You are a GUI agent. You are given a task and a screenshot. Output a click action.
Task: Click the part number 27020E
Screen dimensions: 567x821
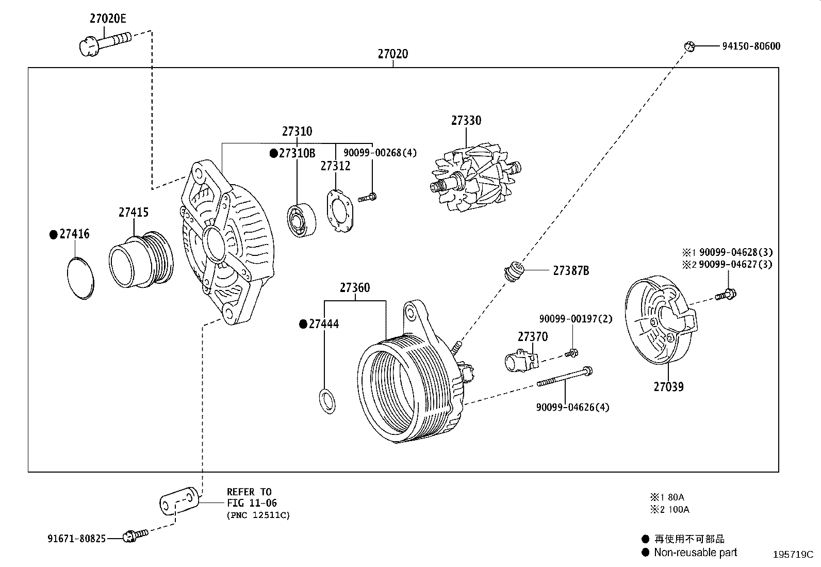point(107,19)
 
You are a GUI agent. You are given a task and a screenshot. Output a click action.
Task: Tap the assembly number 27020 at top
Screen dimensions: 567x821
point(392,54)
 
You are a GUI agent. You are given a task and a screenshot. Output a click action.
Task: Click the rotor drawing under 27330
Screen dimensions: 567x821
point(474,177)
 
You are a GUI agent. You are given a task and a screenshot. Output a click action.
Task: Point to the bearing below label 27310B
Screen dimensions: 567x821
point(301,221)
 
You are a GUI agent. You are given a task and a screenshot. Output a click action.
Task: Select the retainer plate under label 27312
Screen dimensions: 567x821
point(339,212)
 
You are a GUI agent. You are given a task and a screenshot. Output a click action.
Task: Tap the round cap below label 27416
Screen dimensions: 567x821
point(81,278)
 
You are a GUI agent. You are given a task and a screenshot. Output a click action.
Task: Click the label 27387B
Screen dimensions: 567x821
point(570,270)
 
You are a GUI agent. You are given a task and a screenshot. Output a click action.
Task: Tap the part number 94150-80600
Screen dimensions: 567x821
point(750,46)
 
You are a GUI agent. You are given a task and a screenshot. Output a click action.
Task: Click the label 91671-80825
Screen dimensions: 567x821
point(76,539)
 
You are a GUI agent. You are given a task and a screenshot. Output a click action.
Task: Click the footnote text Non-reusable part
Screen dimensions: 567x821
point(695,553)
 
